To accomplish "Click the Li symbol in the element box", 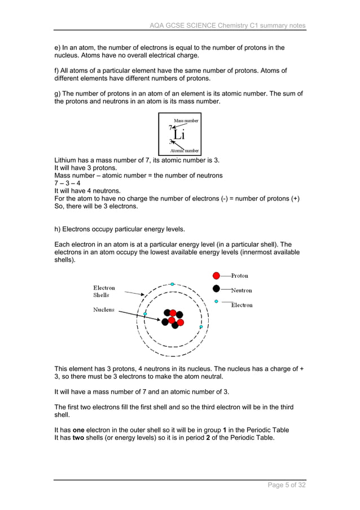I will [179, 135].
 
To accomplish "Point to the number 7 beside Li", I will [170, 128].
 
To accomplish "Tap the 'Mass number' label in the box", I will [186, 121].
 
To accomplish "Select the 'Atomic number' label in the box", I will [185, 151].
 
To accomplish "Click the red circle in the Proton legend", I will [216, 276].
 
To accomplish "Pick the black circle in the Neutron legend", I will [216, 289].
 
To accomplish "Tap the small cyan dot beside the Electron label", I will [216, 302].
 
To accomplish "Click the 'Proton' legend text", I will [239, 276].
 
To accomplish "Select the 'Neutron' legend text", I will [242, 290].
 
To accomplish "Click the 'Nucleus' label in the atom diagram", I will [104, 310].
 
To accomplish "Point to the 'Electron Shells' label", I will [104, 291].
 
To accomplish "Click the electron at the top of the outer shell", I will [172, 284].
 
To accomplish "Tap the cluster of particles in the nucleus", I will [172, 319].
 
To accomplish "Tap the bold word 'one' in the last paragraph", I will [80, 429].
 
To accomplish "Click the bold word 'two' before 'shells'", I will [80, 437].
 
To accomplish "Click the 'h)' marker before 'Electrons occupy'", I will [57, 229].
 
